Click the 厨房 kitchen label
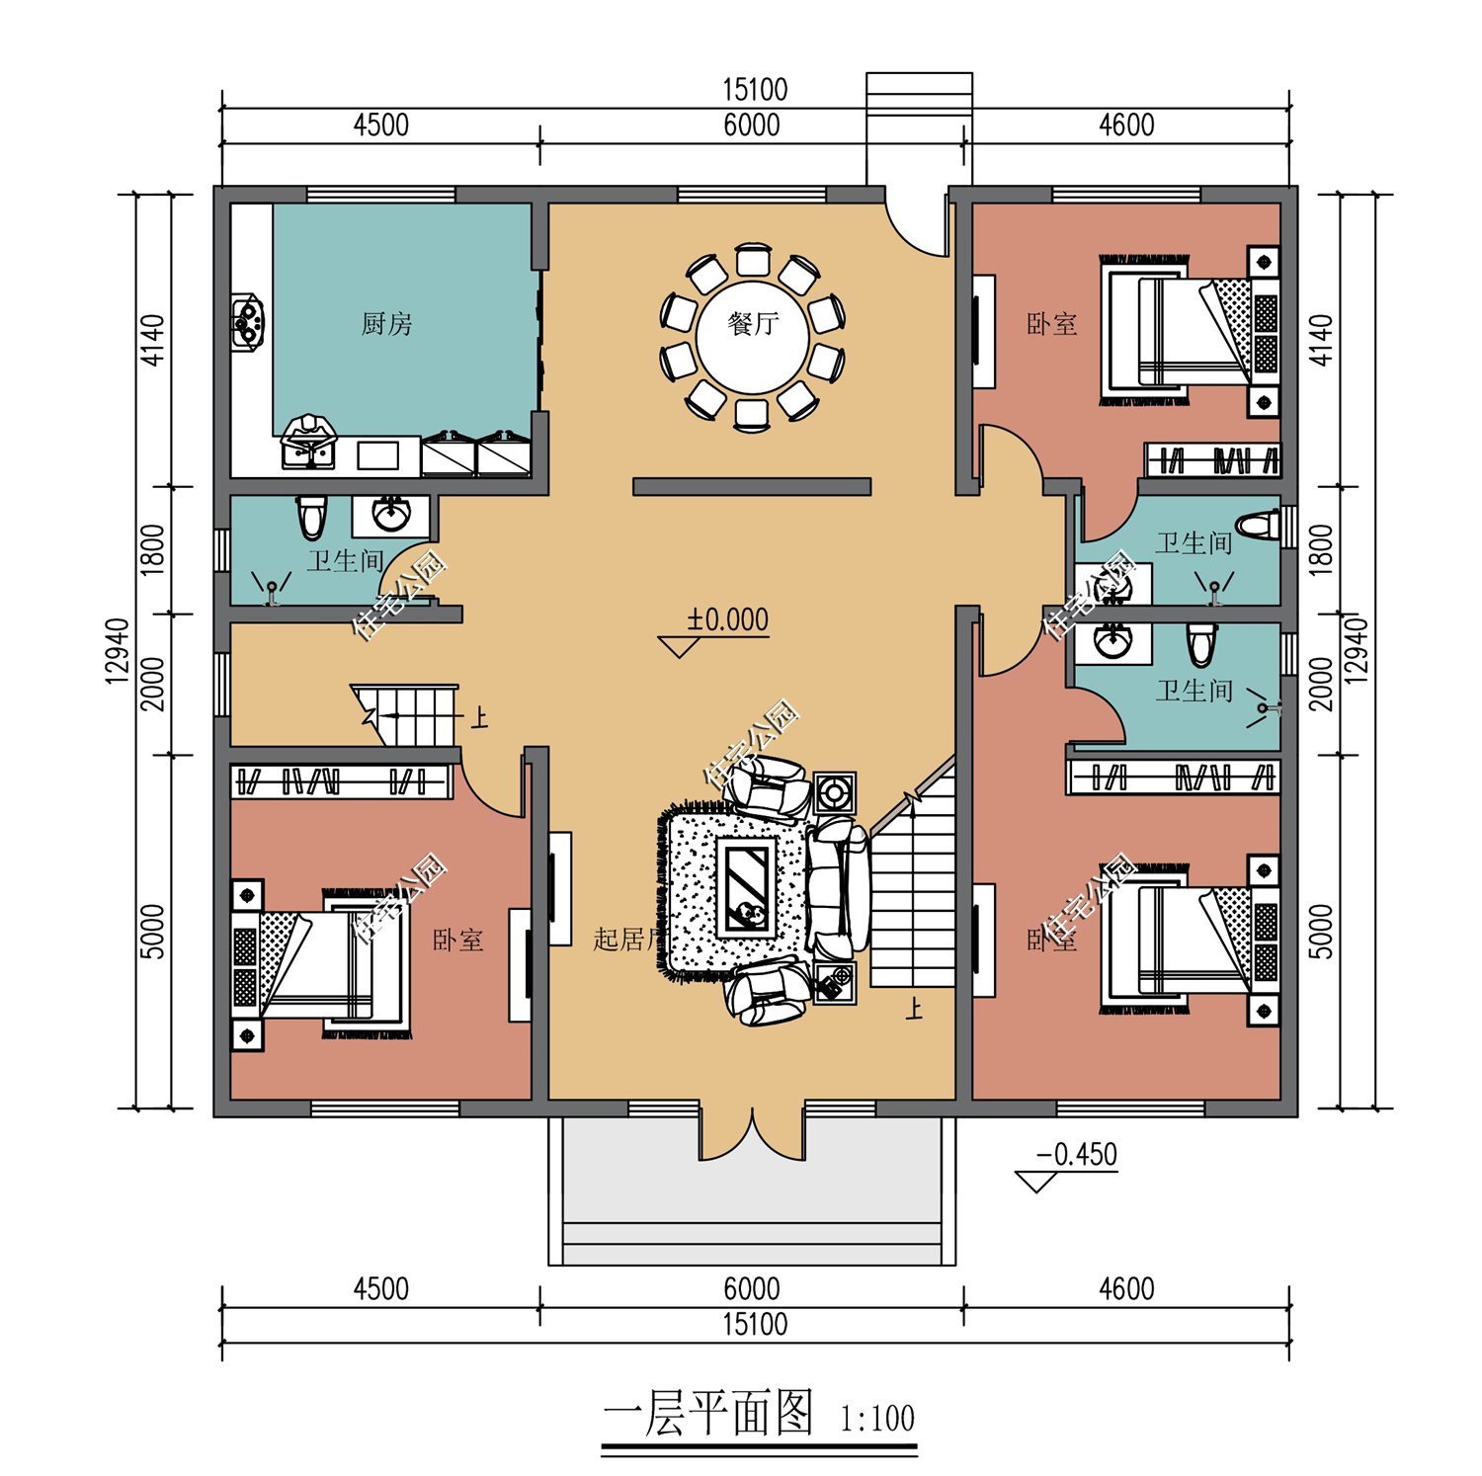tap(386, 324)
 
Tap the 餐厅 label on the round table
tap(753, 324)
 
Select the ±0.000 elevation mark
tap(728, 620)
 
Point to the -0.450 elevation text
tap(1076, 1154)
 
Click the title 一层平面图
tap(707, 1415)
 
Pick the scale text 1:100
tap(877, 1420)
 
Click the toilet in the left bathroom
tap(311, 517)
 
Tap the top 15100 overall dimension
tap(755, 90)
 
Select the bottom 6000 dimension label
tap(751, 1288)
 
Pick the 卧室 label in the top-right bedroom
tap(1051, 324)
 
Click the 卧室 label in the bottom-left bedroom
tap(458, 940)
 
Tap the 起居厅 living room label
tap(624, 939)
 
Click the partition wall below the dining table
tap(751, 486)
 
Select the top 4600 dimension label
tap(1126, 125)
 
